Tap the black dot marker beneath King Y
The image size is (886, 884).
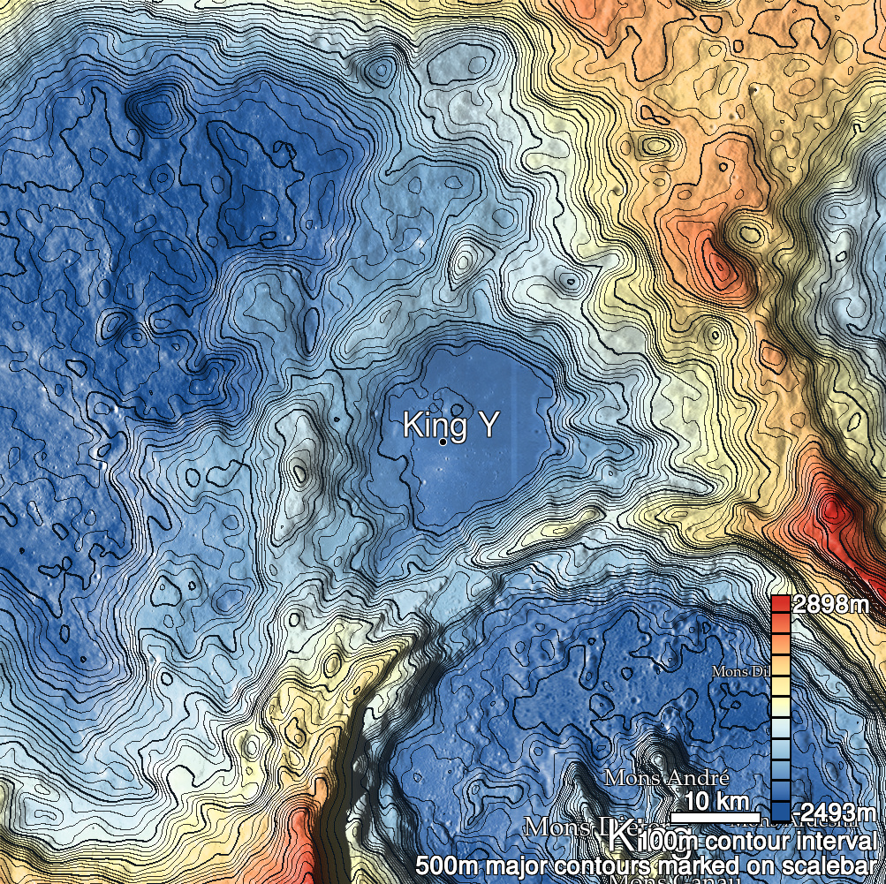[x=443, y=442]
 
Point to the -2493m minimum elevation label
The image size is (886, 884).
[x=834, y=812]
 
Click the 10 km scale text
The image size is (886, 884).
[x=710, y=802]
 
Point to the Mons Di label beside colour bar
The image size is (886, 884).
[x=740, y=672]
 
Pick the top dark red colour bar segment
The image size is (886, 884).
[x=780, y=604]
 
